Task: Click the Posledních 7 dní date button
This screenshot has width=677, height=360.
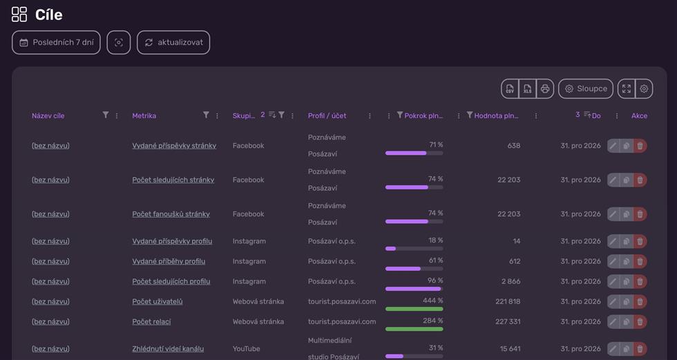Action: point(56,42)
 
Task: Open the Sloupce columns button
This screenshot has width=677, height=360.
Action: point(586,88)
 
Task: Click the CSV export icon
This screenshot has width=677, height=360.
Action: point(510,88)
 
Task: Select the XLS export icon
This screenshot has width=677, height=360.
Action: point(527,88)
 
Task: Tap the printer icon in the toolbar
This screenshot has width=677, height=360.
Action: point(545,88)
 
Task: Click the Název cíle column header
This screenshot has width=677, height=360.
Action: point(48,115)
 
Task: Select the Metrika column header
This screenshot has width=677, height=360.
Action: point(144,115)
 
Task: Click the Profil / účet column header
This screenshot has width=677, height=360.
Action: point(327,115)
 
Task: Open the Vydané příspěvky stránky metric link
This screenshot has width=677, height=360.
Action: point(174,146)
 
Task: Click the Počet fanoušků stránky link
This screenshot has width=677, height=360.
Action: point(171,214)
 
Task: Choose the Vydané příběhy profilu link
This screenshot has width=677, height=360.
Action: point(169,261)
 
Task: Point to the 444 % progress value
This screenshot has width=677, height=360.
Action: point(433,301)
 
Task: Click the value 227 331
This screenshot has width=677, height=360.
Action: point(508,321)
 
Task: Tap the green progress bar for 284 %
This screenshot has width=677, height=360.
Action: point(414,329)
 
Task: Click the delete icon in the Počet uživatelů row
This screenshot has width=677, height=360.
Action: point(640,301)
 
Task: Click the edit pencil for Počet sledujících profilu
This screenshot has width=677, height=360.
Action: point(613,281)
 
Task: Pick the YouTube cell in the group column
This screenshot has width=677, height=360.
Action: point(246,349)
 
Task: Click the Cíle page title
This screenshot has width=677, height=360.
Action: point(49,15)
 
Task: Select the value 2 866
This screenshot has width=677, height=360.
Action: point(511,281)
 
